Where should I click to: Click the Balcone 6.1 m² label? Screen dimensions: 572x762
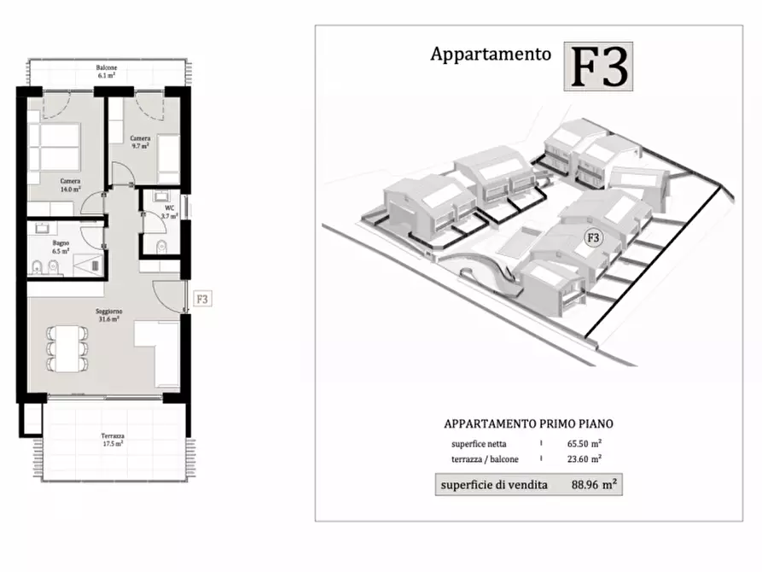(107, 72)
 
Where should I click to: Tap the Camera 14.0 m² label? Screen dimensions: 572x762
(70, 185)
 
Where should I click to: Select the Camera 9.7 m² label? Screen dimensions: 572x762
(141, 143)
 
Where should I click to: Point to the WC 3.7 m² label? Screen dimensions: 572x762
(167, 212)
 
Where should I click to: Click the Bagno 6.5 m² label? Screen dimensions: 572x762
(60, 248)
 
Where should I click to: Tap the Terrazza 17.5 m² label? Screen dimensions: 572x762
(112, 440)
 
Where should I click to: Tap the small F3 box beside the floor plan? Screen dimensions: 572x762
(202, 300)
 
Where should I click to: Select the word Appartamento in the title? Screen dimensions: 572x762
(490, 55)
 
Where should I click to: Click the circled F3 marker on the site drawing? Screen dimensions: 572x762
(592, 237)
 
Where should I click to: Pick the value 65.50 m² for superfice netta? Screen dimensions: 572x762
(585, 444)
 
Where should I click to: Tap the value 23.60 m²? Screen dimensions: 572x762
(585, 458)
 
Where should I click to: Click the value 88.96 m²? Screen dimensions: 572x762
(593, 484)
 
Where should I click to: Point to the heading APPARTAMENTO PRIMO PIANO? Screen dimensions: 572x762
(528, 423)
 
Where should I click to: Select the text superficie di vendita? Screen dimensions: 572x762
(489, 485)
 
